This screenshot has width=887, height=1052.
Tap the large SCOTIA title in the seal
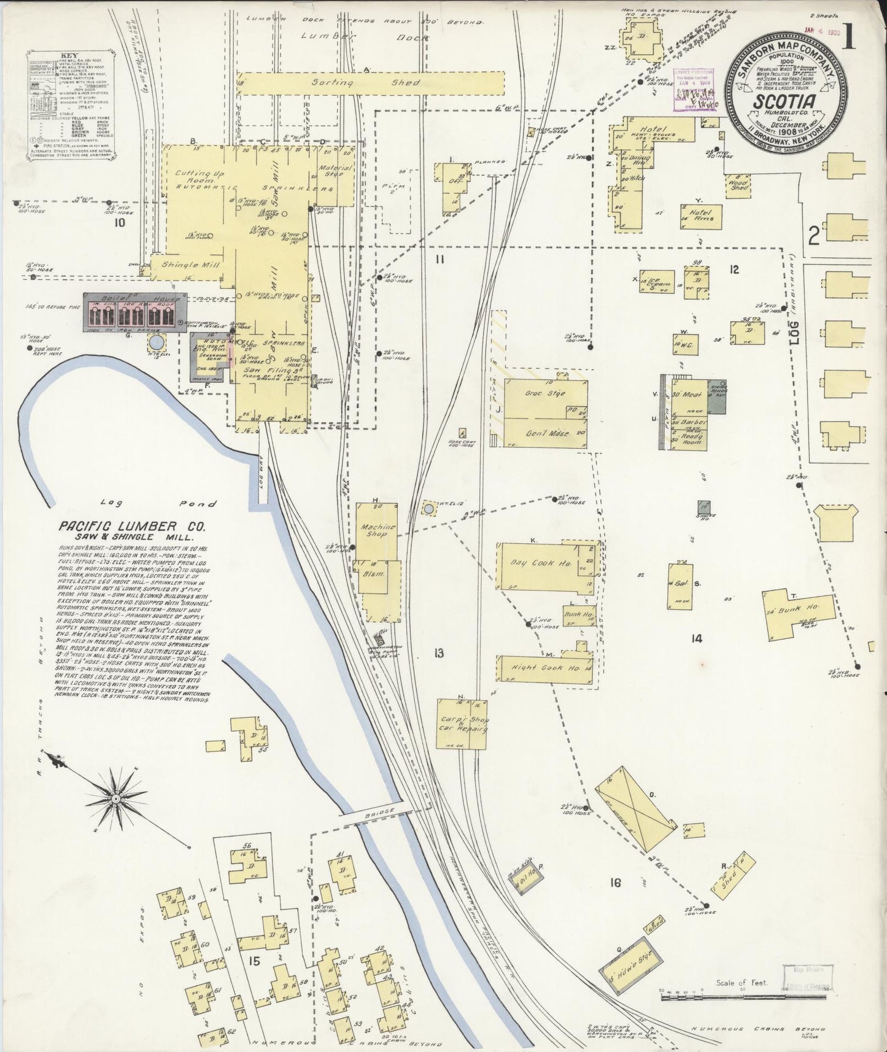click(x=784, y=101)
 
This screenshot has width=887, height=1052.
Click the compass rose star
click(x=115, y=798)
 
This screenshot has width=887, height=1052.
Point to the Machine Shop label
click(x=378, y=530)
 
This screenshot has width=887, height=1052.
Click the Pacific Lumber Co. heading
click(x=132, y=527)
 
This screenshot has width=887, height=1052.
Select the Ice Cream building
click(x=657, y=282)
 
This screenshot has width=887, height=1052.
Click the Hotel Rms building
click(x=701, y=217)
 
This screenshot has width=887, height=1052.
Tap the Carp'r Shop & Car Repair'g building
click(x=462, y=724)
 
